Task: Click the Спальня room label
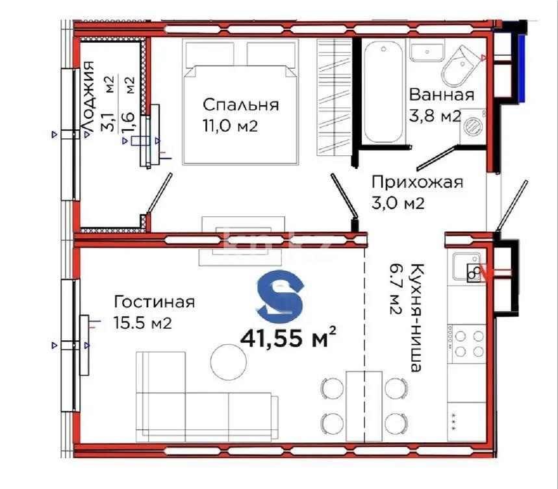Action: (x=240, y=105)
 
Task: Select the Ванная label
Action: (x=441, y=95)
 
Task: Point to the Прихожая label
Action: (x=416, y=182)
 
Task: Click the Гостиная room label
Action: (x=154, y=302)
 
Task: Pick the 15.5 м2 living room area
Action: (x=142, y=323)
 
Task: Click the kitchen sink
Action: (x=466, y=266)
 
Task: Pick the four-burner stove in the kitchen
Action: (x=466, y=343)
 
